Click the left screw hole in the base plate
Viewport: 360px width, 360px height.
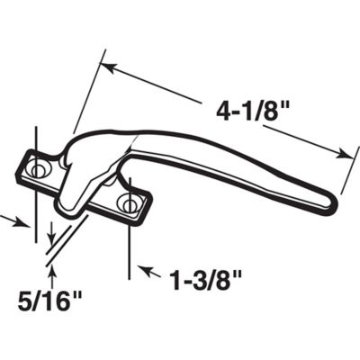(39, 168)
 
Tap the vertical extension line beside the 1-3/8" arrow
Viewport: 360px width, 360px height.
(133, 243)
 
